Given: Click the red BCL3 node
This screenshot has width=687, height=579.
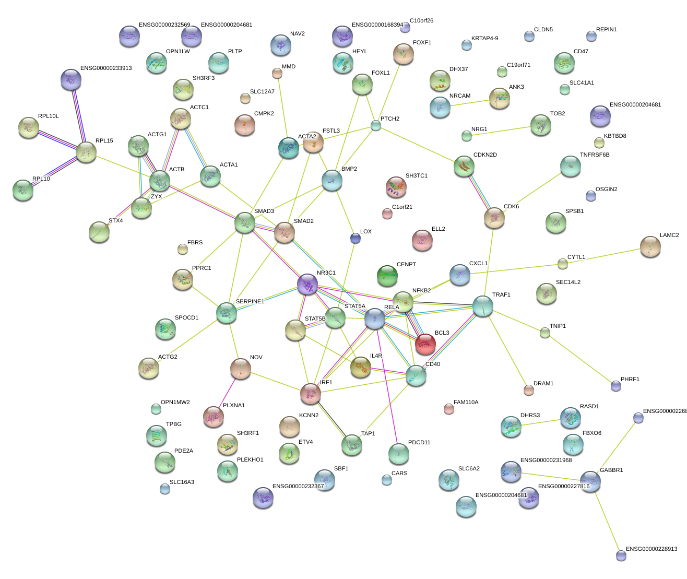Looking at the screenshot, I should [x=425, y=343].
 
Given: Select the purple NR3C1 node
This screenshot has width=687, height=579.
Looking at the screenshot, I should [x=307, y=284].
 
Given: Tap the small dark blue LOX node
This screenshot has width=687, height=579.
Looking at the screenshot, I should [x=355, y=238].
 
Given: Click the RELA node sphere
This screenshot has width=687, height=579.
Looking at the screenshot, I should [x=375, y=318].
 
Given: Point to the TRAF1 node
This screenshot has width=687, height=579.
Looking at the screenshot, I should [x=482, y=306].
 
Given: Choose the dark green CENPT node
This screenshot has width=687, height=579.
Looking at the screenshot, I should [x=387, y=275].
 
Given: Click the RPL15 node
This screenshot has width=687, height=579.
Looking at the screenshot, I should [x=86, y=152].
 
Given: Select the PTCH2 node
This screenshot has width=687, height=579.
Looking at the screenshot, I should [x=376, y=125].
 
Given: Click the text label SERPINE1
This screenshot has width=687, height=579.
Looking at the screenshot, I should [x=250, y=302].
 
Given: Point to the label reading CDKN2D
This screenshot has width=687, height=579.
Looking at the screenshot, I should [x=485, y=155].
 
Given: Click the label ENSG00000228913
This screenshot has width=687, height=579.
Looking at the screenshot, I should [x=652, y=549].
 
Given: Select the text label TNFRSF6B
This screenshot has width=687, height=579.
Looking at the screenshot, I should [x=595, y=155].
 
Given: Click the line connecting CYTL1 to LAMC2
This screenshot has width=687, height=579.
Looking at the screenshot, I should [x=606, y=255].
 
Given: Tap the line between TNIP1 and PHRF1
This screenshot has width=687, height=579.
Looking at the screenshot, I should [x=580, y=359].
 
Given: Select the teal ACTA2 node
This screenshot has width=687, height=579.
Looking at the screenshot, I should [x=289, y=148].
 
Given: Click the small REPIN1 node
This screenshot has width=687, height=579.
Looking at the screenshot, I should [x=591, y=36].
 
